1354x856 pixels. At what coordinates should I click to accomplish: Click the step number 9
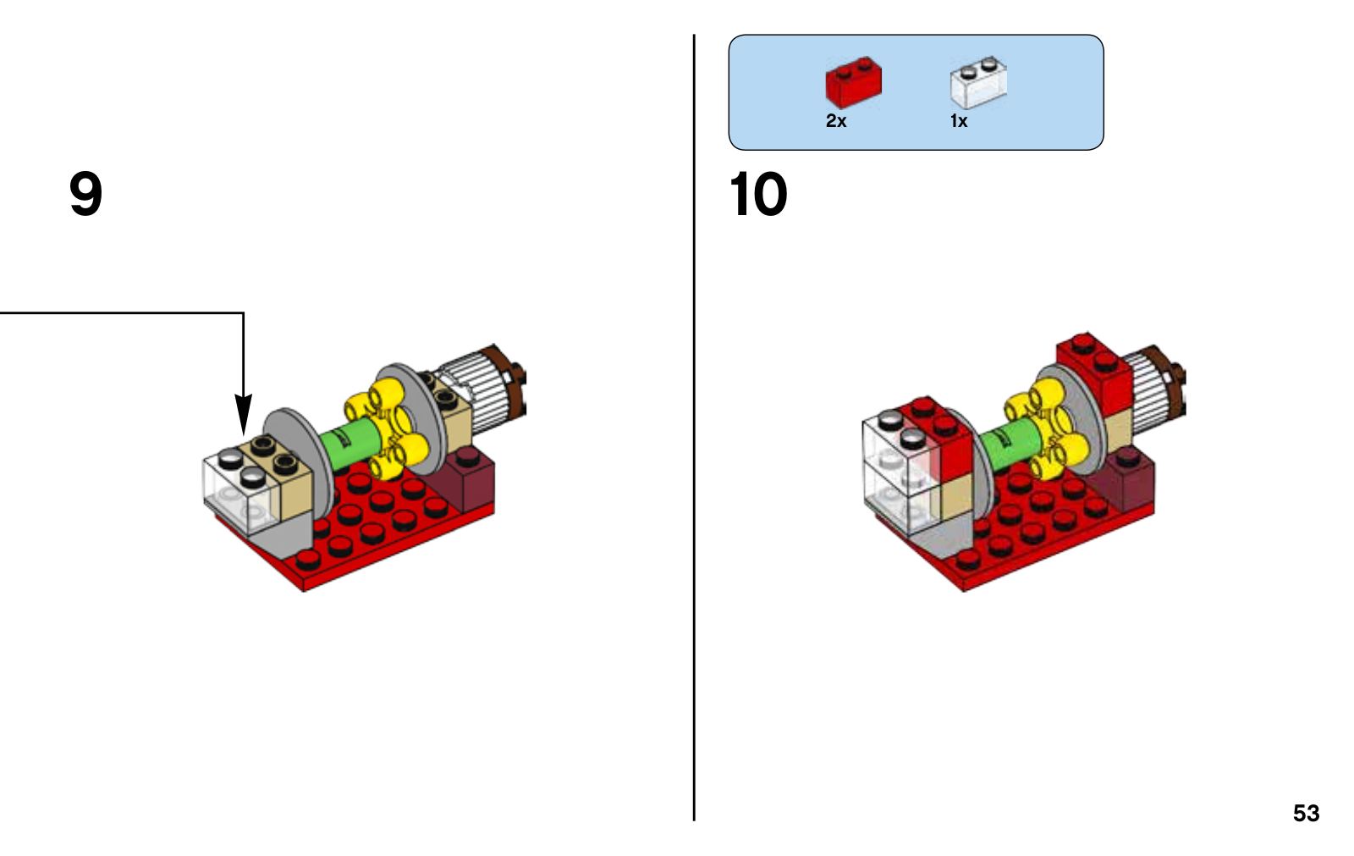(x=85, y=193)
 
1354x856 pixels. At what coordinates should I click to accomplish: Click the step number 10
(x=758, y=194)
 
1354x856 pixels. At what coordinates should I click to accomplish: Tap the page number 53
(x=1307, y=813)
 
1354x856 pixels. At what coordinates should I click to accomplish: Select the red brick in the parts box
(x=854, y=82)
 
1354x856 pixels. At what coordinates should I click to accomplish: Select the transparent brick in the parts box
(x=978, y=83)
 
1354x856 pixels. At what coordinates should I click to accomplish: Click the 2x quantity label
(x=836, y=121)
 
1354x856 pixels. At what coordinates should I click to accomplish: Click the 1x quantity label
(x=959, y=121)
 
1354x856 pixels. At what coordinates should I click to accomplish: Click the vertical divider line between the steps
(x=694, y=428)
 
